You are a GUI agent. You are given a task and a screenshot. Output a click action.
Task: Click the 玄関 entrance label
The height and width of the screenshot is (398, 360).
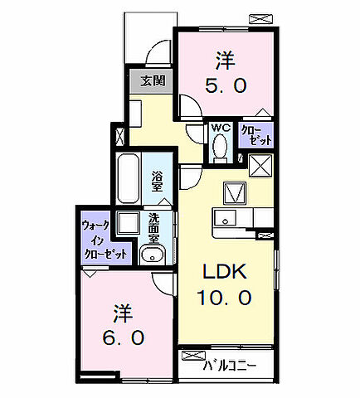pos(151,81)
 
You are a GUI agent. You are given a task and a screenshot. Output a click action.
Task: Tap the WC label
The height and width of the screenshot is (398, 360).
pos(219,128)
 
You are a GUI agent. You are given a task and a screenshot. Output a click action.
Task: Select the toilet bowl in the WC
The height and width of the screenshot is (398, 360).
pos(220,147)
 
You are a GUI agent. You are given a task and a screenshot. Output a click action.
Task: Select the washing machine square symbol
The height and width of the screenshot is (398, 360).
pos(129,224)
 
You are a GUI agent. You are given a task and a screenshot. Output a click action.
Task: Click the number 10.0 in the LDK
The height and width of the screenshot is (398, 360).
pos(224,296)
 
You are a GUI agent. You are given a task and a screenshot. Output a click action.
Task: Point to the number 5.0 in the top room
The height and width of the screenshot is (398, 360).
pos(224,85)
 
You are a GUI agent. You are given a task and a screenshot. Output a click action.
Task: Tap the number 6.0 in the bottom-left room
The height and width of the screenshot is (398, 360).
pos(124,338)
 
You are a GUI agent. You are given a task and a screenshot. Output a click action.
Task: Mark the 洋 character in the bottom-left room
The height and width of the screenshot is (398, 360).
pos(124,313)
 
